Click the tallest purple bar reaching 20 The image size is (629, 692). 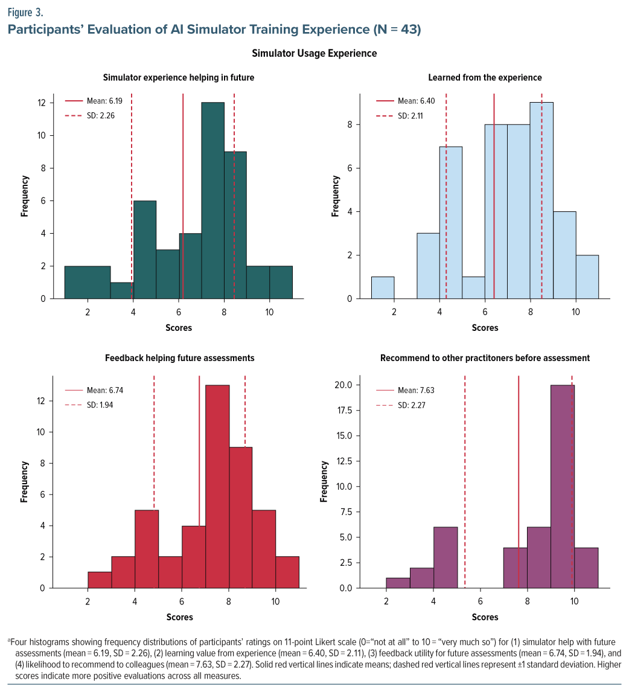click(x=563, y=486)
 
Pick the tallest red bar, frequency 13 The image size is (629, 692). click(x=217, y=486)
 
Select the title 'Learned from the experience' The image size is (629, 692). click(x=485, y=77)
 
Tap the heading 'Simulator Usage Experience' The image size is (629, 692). click(x=314, y=53)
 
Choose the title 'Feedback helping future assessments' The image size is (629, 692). click(x=179, y=358)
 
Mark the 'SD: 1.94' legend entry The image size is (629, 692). click(x=99, y=405)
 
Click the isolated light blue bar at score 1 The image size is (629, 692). click(x=383, y=287)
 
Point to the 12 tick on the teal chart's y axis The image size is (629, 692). click(x=42, y=103)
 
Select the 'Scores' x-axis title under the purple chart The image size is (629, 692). click(x=485, y=617)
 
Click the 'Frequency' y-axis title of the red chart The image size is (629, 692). click(x=25, y=482)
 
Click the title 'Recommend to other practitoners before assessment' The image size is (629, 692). click(x=485, y=358)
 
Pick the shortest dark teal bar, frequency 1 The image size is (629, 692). click(x=122, y=290)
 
